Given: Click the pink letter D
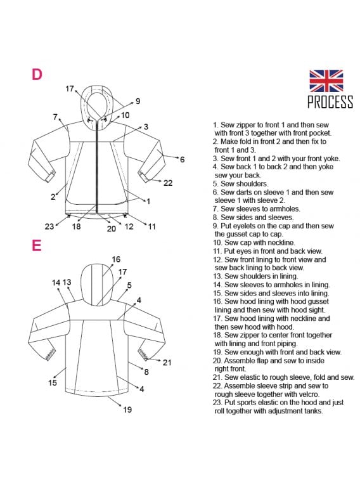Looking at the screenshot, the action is pos(37,74).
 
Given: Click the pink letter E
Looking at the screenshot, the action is pos(36,245).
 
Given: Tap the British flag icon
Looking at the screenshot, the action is pos(326,81).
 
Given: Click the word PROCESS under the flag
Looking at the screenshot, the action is pos(330,102).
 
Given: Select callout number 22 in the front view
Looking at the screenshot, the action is pos(168,183).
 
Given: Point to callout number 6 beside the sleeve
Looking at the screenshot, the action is pos(183,160).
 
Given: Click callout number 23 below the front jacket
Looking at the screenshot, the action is pos(49,226).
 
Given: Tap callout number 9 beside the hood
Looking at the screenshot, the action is pos(138,101).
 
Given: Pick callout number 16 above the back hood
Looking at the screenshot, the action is pos(116,259).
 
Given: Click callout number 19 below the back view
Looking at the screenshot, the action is pos(127,410).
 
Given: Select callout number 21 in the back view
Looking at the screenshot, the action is pos(167,363).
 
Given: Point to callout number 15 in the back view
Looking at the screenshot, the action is pos(53,382).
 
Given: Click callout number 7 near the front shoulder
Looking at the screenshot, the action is pos(55,117).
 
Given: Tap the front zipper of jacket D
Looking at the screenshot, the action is pos(98,167).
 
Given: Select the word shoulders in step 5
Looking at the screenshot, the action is pos(253,184).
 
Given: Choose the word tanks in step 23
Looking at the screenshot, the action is pos(314,411).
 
